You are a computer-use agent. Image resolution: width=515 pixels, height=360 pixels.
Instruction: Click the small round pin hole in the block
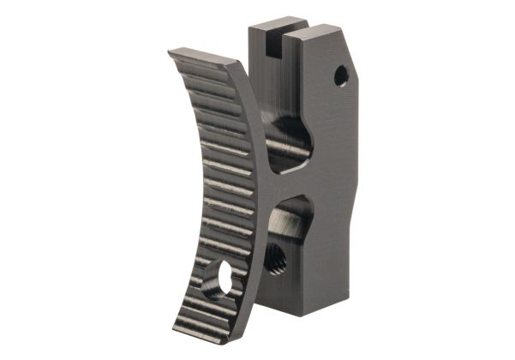tap(341, 75)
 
